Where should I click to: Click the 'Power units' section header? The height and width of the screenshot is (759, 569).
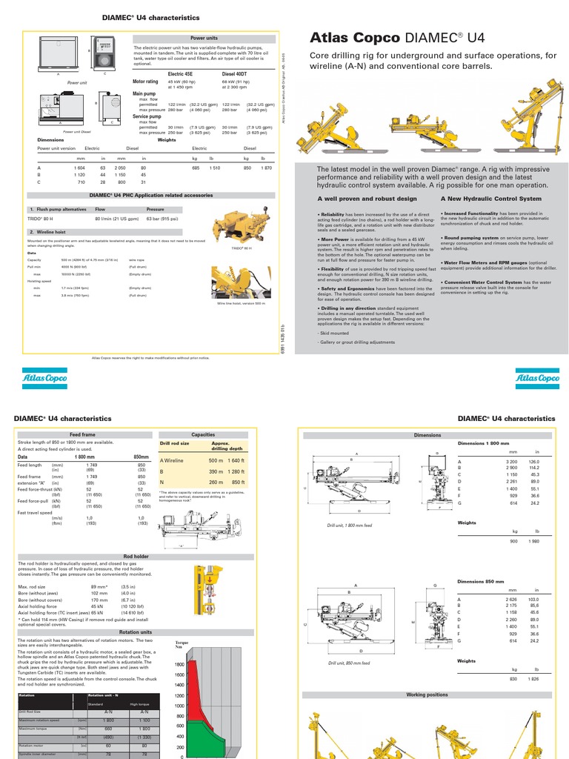pyautogui.click(x=204, y=36)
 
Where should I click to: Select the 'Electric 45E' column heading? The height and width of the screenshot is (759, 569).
pyautogui.click(x=182, y=74)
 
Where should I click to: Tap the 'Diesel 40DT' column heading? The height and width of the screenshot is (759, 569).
pyautogui.click(x=235, y=74)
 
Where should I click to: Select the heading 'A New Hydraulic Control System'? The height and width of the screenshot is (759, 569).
pyautogui.click(x=490, y=199)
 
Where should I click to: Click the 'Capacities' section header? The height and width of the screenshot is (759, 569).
pyautogui.click(x=203, y=435)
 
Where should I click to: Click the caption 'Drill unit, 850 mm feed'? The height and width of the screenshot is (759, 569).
pyautogui.click(x=349, y=663)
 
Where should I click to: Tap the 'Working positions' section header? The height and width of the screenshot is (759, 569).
pyautogui.click(x=427, y=695)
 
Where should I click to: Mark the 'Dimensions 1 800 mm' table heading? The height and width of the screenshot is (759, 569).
pyautogui.click(x=485, y=443)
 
